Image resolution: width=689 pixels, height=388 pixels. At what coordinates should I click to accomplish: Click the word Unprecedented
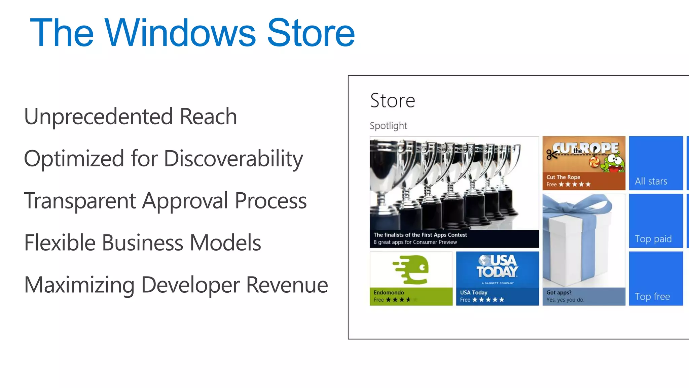tap(98, 117)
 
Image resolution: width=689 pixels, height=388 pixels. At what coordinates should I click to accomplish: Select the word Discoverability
tap(233, 158)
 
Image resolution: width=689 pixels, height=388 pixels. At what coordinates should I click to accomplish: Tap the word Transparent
tap(80, 201)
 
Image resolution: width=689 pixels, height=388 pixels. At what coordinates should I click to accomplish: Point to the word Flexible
tap(60, 243)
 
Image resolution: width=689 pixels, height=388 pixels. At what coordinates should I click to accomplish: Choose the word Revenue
tap(287, 285)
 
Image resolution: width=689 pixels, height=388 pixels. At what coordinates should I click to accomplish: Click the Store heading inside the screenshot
tap(392, 100)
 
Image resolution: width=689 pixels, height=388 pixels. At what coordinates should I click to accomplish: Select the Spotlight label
tap(388, 126)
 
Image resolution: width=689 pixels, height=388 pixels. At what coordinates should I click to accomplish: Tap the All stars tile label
tap(651, 181)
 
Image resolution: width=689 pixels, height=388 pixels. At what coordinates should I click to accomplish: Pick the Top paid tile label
tap(653, 239)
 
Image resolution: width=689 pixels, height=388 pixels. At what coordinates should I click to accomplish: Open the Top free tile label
tap(652, 296)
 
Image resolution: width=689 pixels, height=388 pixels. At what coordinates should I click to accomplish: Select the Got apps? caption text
tap(559, 292)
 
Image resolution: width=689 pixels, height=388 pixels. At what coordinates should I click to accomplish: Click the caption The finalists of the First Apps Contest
tap(420, 235)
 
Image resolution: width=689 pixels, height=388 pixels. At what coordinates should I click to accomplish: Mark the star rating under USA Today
tap(488, 300)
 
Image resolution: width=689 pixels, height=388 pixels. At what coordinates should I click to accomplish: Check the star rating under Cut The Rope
tap(574, 184)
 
